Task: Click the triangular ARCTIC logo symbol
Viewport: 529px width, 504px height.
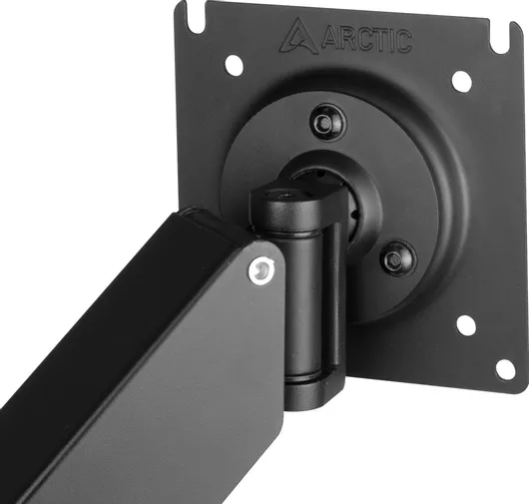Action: pos(298,37)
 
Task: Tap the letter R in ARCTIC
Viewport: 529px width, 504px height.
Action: pos(346,40)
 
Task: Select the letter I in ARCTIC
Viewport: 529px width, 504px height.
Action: pos(391,41)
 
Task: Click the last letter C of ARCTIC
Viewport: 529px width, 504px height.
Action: pos(403,42)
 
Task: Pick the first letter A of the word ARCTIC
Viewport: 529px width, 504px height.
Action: pos(329,39)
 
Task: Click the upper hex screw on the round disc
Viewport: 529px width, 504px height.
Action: pos(326,122)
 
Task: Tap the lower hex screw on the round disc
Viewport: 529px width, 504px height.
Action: pos(398,258)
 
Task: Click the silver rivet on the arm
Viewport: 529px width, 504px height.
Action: pos(262,268)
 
